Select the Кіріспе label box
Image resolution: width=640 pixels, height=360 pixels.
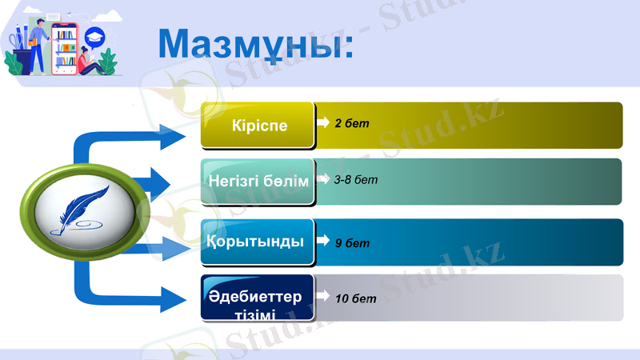[258, 126]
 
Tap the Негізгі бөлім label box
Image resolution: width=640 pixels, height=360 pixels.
[258, 182]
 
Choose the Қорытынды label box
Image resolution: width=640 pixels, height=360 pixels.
[258, 241]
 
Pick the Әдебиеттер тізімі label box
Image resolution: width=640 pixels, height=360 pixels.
[258, 298]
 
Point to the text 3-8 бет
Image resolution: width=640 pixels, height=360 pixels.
[356, 179]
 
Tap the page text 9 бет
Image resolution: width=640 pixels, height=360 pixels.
[352, 243]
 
